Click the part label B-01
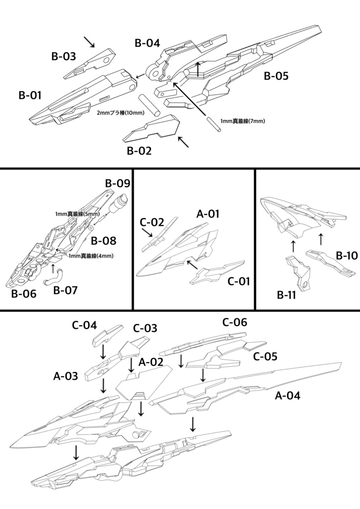[30, 95]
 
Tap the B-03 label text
[64, 56]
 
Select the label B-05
[276, 76]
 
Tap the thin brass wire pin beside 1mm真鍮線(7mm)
[212, 125]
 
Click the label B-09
[117, 183]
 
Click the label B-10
[347, 255]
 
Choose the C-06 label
[235, 322]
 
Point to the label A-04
[287, 396]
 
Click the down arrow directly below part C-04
[102, 352]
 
